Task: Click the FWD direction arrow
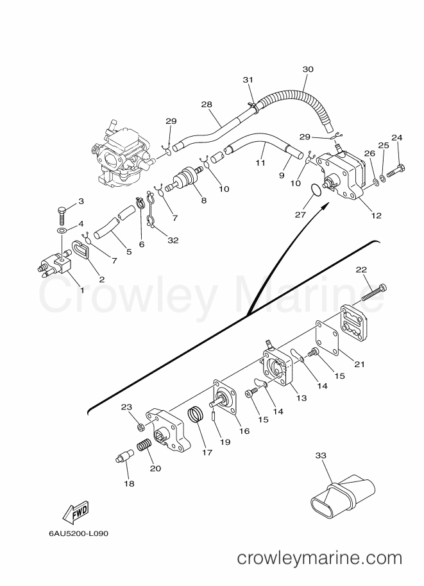76,512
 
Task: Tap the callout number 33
321,455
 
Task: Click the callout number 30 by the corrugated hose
308,69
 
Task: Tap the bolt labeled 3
62,214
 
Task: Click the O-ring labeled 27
316,189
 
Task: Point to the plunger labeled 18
124,456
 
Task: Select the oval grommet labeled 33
343,495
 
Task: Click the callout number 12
376,215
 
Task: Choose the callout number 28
206,104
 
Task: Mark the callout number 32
173,240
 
